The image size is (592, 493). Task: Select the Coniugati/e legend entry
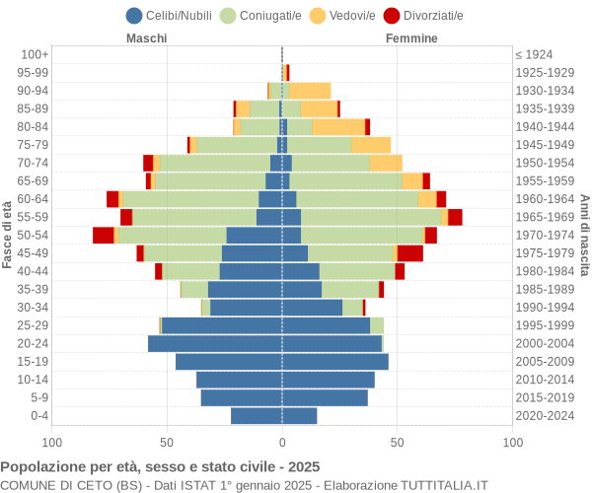[x=262, y=15]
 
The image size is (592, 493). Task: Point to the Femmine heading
[x=411, y=38]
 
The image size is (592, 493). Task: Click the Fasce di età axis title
[x=8, y=235]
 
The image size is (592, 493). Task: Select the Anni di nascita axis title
[x=584, y=235]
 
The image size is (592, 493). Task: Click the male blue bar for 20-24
[x=215, y=343]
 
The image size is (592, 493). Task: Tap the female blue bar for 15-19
[x=335, y=362]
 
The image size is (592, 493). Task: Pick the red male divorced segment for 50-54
[x=103, y=235]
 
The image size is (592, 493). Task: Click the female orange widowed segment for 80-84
[x=338, y=126]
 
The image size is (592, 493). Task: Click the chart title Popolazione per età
[x=160, y=466]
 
